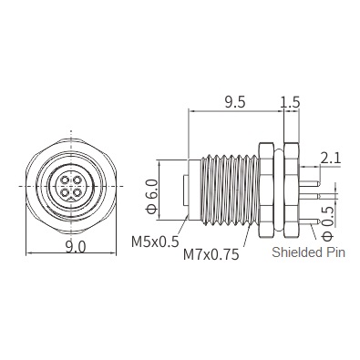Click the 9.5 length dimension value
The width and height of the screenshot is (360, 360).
235,103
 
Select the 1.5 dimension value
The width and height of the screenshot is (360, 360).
290,103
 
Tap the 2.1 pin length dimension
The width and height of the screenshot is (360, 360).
331,158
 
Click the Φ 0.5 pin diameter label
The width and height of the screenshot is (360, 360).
327,223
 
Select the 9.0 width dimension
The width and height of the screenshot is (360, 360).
76,247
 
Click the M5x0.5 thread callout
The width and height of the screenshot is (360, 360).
155,242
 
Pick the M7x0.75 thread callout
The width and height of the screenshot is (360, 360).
211,254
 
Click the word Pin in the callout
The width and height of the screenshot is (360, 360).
335,252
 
